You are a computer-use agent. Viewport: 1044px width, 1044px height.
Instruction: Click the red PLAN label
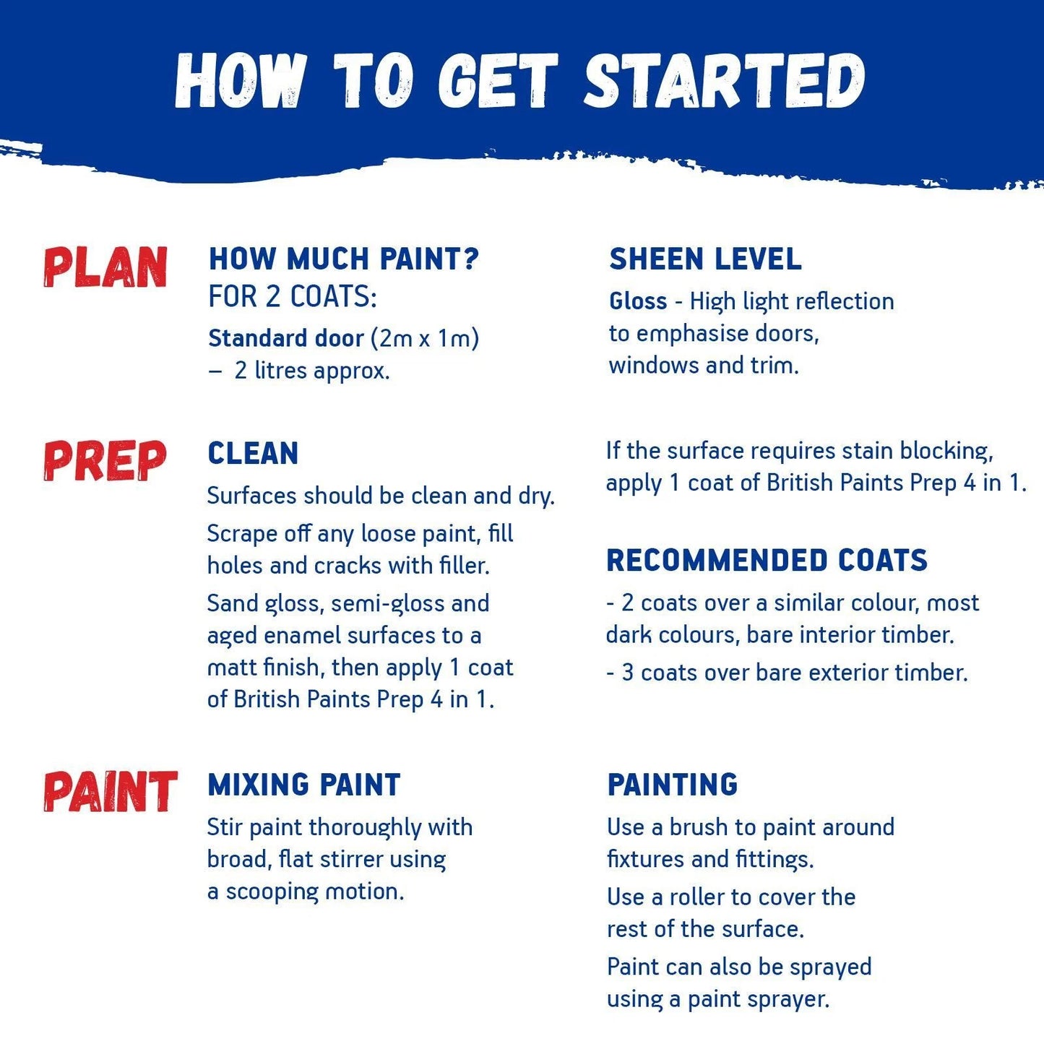pyautogui.click(x=105, y=267)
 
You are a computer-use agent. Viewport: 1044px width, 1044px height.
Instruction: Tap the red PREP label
pyautogui.click(x=105, y=461)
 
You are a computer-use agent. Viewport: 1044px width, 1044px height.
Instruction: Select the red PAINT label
pyautogui.click(x=110, y=791)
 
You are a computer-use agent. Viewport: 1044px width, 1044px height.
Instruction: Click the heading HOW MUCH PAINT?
pyautogui.click(x=343, y=259)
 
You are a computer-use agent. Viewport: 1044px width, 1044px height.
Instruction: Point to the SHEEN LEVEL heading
pyautogui.click(x=705, y=259)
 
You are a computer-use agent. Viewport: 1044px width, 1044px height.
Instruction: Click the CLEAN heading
pyautogui.click(x=253, y=454)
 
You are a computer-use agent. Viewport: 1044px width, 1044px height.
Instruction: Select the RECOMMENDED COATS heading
pyautogui.click(x=767, y=561)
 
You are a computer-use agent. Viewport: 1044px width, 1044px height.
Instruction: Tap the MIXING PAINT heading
pyautogui.click(x=303, y=785)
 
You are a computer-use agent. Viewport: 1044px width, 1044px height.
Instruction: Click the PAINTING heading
pyautogui.click(x=673, y=785)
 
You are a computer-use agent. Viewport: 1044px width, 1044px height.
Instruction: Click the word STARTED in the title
pyautogui.click(x=724, y=81)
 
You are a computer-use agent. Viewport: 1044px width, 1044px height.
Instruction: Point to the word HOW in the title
pyautogui.click(x=240, y=81)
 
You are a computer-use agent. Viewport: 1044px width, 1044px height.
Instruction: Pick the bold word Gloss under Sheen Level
pyautogui.click(x=638, y=301)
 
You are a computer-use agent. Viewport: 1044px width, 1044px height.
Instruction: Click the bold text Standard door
pyautogui.click(x=286, y=338)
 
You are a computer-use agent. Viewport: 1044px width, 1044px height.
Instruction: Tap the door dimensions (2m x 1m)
pyautogui.click(x=425, y=338)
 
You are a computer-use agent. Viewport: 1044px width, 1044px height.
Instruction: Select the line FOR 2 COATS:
pyautogui.click(x=293, y=297)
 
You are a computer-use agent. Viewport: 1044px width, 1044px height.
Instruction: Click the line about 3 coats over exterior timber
pyautogui.click(x=787, y=673)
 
